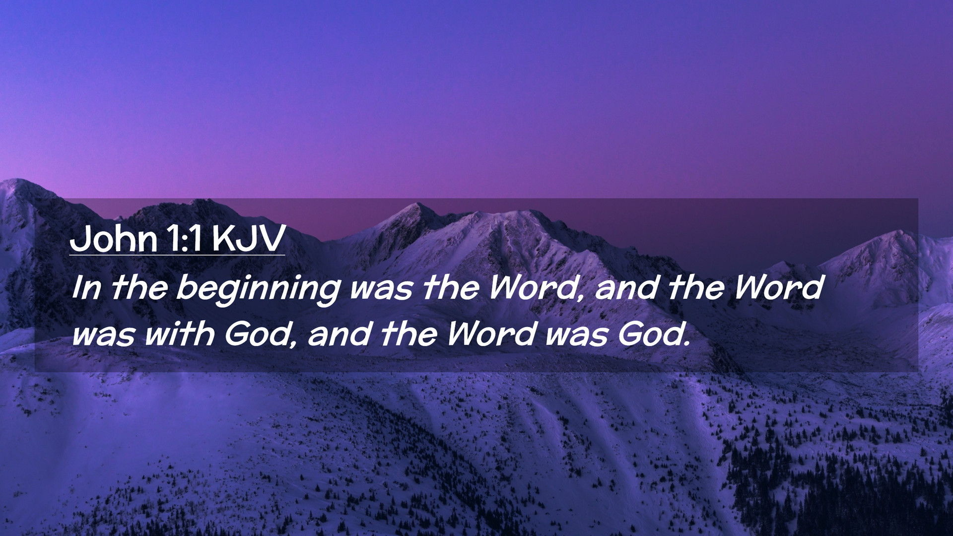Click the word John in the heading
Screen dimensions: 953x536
click(x=114, y=239)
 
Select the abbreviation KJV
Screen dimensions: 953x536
click(x=248, y=239)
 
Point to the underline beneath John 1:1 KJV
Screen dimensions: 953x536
click(x=177, y=255)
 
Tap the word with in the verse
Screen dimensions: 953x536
click(x=179, y=334)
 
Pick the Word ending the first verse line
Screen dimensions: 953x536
click(x=778, y=288)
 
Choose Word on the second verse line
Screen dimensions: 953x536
click(x=491, y=334)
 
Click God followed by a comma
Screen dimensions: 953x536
click(x=261, y=334)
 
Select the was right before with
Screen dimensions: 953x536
click(x=103, y=335)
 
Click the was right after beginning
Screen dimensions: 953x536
click(x=381, y=290)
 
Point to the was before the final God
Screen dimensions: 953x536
click(x=577, y=335)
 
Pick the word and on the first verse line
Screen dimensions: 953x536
click(x=626, y=288)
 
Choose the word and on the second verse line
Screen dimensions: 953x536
click(x=340, y=334)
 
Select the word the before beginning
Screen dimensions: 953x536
click(x=139, y=288)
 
